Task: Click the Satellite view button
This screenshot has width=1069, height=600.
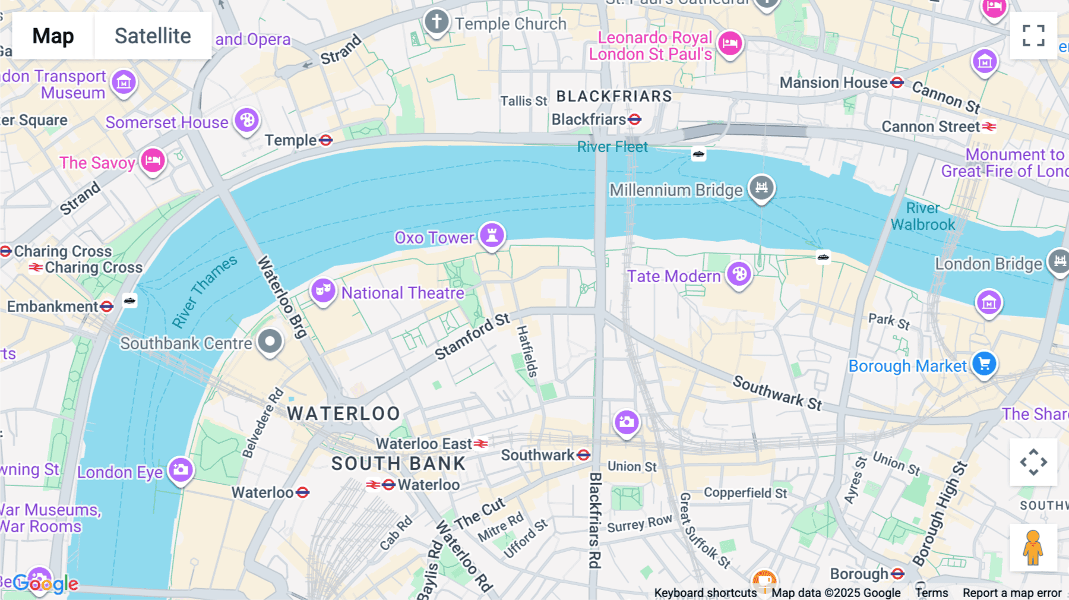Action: click(x=153, y=36)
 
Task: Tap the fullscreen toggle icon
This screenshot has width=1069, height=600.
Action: click(x=1033, y=36)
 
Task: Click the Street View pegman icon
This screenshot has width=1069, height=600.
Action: click(x=1033, y=548)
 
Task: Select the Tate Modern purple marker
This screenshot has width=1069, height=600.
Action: click(x=739, y=274)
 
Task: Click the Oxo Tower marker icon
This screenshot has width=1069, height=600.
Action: click(x=492, y=235)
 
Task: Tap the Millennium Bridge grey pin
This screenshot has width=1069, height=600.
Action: click(x=761, y=188)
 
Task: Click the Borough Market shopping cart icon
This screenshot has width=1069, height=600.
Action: click(x=984, y=364)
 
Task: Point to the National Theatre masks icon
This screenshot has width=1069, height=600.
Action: click(x=323, y=290)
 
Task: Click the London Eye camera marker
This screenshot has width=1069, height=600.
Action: click(x=181, y=470)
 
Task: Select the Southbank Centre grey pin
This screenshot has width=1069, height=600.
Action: click(x=270, y=342)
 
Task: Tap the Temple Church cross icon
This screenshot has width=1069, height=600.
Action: click(x=437, y=22)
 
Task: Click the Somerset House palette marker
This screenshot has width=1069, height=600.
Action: click(x=246, y=121)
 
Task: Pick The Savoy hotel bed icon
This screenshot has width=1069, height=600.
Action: click(x=153, y=160)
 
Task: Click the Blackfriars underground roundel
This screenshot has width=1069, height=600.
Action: click(x=635, y=119)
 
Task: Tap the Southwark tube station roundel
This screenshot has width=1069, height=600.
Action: click(x=584, y=455)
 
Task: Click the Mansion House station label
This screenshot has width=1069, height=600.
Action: click(x=833, y=83)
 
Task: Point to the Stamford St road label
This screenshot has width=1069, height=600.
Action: click(x=472, y=337)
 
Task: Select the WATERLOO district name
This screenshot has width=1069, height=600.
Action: click(x=343, y=413)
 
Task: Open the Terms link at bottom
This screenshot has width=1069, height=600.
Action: click(x=931, y=593)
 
